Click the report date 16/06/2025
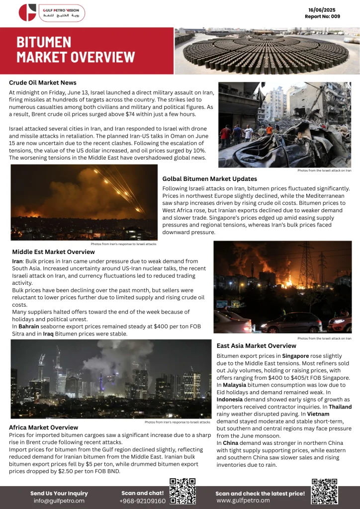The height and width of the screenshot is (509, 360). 322,10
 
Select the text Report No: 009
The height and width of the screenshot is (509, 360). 322,16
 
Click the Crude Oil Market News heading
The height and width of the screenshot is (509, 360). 43,83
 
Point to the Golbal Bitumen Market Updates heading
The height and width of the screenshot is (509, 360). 209,178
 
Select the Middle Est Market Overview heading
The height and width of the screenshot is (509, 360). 53,252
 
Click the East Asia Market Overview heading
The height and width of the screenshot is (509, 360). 257,345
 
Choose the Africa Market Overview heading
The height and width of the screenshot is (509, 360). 43,427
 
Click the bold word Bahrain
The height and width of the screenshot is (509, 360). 29,326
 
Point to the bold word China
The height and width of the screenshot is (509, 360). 231,442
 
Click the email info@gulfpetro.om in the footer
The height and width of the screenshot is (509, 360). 59,501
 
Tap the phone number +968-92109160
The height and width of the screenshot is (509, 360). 142,501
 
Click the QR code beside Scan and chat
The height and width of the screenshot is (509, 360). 182,492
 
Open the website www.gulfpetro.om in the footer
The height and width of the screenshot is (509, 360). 243,501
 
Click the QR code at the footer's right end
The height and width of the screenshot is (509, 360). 324,492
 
